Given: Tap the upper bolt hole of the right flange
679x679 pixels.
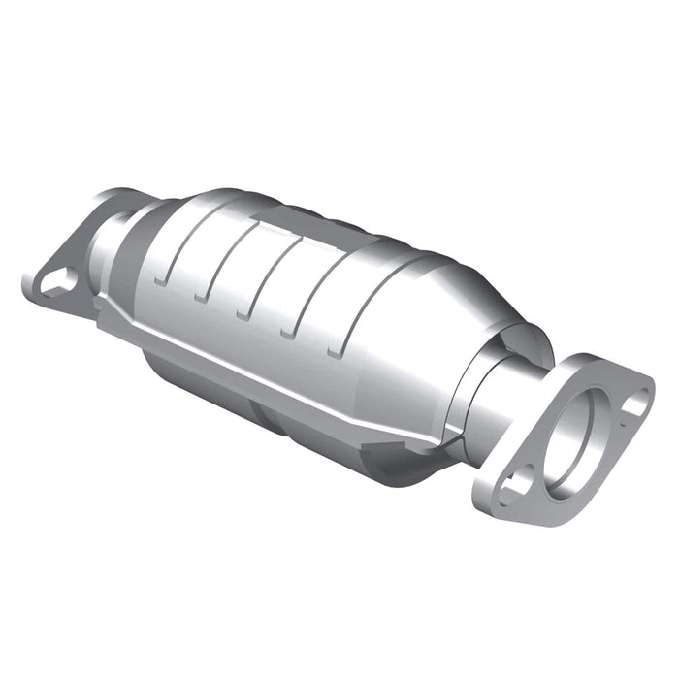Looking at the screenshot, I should coord(635,401).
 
